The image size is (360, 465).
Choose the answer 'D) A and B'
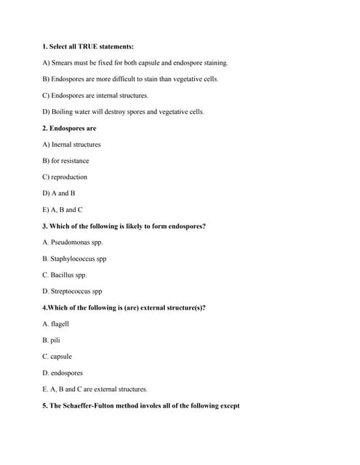pos(58,193)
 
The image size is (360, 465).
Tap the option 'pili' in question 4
pos(55,340)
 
